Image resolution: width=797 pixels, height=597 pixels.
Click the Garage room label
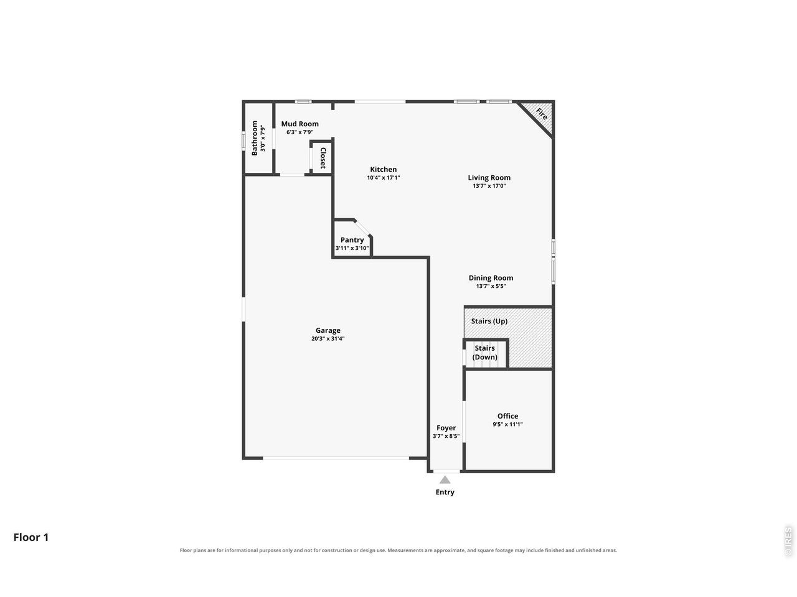pyautogui.click(x=328, y=330)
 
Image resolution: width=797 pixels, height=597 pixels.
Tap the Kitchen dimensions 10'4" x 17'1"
pyautogui.click(x=383, y=178)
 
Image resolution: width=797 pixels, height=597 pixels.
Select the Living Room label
pyautogui.click(x=489, y=178)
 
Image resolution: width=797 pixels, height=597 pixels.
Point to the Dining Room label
pyautogui.click(x=491, y=277)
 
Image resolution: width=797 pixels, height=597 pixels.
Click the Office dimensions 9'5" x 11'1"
pyautogui.click(x=507, y=424)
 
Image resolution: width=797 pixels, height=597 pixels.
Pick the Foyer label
pyautogui.click(x=446, y=428)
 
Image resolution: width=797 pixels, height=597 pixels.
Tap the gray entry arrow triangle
pyautogui.click(x=445, y=480)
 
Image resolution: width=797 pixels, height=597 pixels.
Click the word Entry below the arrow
pyautogui.click(x=445, y=492)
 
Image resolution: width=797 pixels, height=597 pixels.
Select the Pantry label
pyautogui.click(x=352, y=240)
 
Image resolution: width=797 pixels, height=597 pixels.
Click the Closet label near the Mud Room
pyautogui.click(x=323, y=158)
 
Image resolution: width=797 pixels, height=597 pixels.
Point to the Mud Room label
pyautogui.click(x=299, y=124)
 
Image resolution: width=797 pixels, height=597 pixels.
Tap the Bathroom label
pyautogui.click(x=254, y=138)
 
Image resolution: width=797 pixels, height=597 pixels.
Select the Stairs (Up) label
pyautogui.click(x=489, y=321)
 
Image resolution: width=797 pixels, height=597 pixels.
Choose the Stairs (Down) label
pyautogui.click(x=484, y=353)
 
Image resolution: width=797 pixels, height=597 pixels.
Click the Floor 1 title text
pyautogui.click(x=31, y=537)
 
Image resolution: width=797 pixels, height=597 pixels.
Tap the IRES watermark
pyautogui.click(x=788, y=542)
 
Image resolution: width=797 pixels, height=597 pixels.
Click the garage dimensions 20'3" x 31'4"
pyautogui.click(x=328, y=338)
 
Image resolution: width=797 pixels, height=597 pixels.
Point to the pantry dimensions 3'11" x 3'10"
pyautogui.click(x=352, y=248)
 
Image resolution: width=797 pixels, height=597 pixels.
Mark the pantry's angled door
pyautogui.click(x=362, y=228)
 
